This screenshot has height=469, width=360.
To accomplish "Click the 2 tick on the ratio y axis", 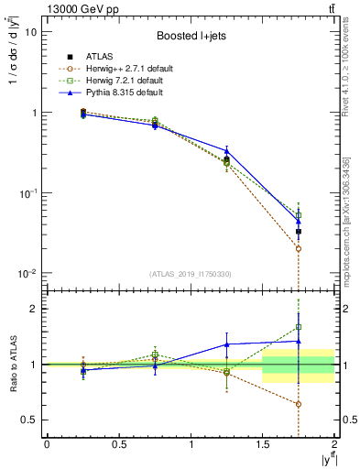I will pyautogui.click(x=36, y=309).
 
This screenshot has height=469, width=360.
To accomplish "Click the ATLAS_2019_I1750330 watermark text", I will pyautogui.click(x=190, y=274).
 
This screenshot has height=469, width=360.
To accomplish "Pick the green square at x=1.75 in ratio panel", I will pyautogui.click(x=299, y=326).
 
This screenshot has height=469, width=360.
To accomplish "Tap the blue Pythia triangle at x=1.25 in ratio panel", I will pyautogui.click(x=226, y=344).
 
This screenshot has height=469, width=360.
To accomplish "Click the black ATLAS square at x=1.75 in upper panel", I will pyautogui.click(x=299, y=232).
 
